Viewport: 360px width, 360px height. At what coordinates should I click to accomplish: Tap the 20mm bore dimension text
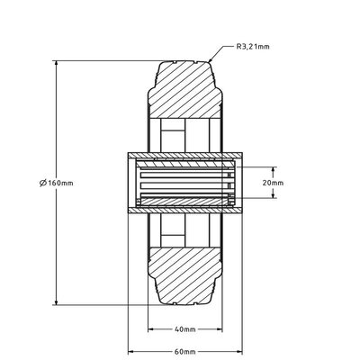click(x=272, y=182)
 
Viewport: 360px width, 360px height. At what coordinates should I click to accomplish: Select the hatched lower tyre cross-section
click(x=184, y=274)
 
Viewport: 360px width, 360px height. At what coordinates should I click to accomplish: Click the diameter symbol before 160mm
click(x=43, y=183)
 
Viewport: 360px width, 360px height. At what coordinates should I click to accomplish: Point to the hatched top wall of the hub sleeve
click(x=184, y=153)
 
